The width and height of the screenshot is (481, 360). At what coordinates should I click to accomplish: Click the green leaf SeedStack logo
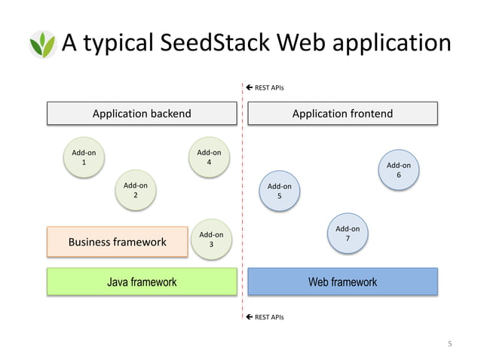pyautogui.click(x=42, y=44)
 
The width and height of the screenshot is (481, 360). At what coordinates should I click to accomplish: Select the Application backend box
pyautogui.click(x=142, y=114)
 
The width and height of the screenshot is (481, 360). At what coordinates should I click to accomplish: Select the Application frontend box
pyautogui.click(x=342, y=114)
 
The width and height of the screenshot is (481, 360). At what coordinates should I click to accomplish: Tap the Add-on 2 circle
pyautogui.click(x=136, y=190)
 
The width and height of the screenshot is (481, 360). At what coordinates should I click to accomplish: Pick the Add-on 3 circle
pyautogui.click(x=211, y=239)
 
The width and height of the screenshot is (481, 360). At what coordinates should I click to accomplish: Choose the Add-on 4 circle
pyautogui.click(x=209, y=157)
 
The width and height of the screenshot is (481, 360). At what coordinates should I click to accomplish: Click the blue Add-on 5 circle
pyautogui.click(x=280, y=191)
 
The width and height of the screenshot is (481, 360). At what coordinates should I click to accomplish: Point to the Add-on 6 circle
pyautogui.click(x=399, y=170)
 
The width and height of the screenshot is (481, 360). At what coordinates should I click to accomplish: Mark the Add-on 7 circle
pyautogui.click(x=348, y=233)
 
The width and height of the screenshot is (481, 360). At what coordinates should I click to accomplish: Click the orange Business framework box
pyautogui.click(x=117, y=242)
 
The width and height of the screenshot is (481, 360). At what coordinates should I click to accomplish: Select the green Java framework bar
pyautogui.click(x=142, y=282)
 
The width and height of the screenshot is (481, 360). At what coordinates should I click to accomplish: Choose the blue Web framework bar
pyautogui.click(x=342, y=282)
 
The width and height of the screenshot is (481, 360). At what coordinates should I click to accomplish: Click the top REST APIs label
pyautogui.click(x=269, y=88)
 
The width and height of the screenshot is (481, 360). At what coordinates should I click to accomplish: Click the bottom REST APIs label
pyautogui.click(x=269, y=317)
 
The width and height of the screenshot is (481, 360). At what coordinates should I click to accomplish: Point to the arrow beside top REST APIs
pyautogui.click(x=250, y=88)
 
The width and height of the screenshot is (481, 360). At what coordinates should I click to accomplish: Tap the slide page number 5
pyautogui.click(x=450, y=344)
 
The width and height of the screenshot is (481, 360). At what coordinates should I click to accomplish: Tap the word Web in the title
pyautogui.click(x=301, y=43)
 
